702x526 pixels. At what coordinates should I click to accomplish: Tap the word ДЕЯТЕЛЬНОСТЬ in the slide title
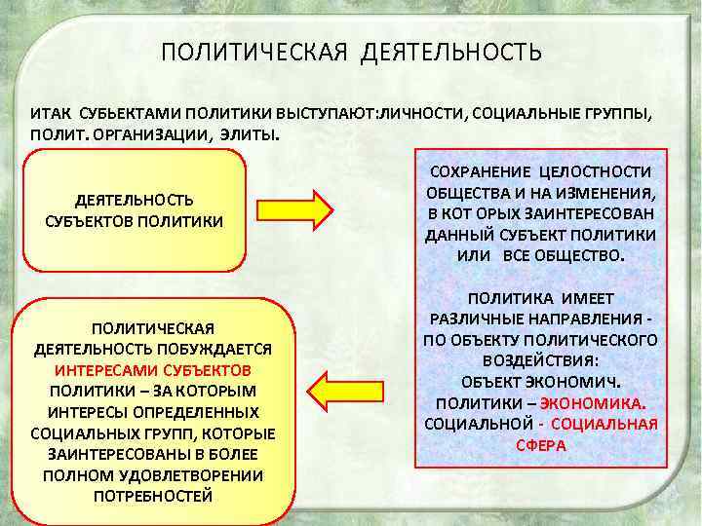tap(450, 52)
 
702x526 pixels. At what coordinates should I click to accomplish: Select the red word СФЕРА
tap(540, 444)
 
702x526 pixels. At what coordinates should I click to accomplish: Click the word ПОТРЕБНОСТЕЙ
tap(152, 496)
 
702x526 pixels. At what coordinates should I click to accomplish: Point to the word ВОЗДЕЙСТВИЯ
tap(540, 360)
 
